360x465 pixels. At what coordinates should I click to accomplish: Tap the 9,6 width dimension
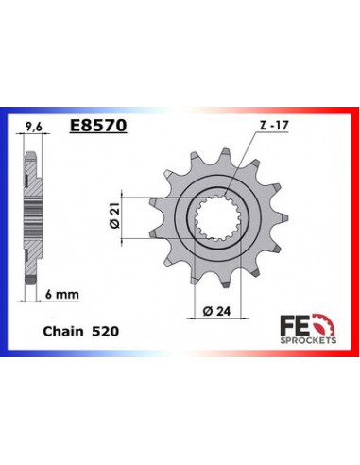(x=33, y=124)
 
